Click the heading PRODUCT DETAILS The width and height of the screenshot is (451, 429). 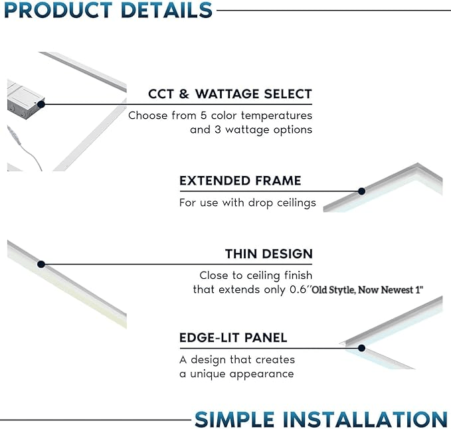pyautogui.click(x=106, y=10)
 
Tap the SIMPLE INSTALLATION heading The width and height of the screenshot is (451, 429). pyautogui.click(x=321, y=419)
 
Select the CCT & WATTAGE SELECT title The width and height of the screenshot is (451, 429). pyautogui.click(x=230, y=94)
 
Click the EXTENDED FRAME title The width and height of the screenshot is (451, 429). pyautogui.click(x=240, y=181)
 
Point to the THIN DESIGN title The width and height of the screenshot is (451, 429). pyautogui.click(x=268, y=254)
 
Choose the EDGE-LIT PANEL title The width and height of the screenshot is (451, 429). pyautogui.click(x=233, y=337)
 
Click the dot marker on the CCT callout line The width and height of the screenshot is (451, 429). pyautogui.click(x=41, y=104)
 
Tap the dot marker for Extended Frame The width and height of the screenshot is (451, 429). pyautogui.click(x=361, y=191)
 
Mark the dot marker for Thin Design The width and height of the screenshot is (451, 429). pyautogui.click(x=41, y=264)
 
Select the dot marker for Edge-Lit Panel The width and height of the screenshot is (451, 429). pyautogui.click(x=361, y=347)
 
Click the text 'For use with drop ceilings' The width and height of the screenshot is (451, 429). pyautogui.click(x=247, y=203)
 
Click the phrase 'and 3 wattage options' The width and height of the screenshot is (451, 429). pyautogui.click(x=250, y=129)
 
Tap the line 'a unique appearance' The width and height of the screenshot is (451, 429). pyautogui.click(x=236, y=374)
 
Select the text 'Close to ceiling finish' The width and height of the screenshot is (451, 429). pyautogui.click(x=256, y=275)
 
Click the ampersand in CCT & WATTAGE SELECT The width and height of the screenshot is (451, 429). pyautogui.click(x=184, y=94)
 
